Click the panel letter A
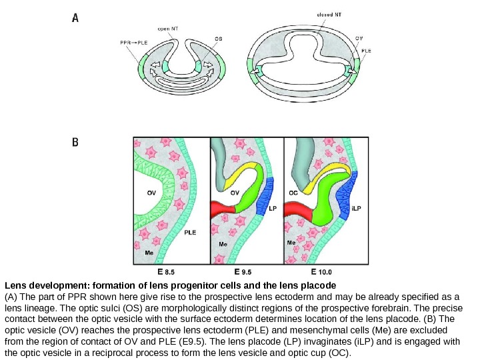(76, 19)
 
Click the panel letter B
(76, 142)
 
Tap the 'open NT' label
(167, 28)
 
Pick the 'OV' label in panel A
(359, 38)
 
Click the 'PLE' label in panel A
(366, 49)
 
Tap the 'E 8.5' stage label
(165, 272)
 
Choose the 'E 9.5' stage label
(243, 272)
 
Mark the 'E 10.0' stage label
(321, 272)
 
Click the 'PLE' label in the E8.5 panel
(190, 233)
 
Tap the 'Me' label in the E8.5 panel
(148, 254)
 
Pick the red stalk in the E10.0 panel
(298, 212)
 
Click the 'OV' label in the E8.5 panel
(151, 191)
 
